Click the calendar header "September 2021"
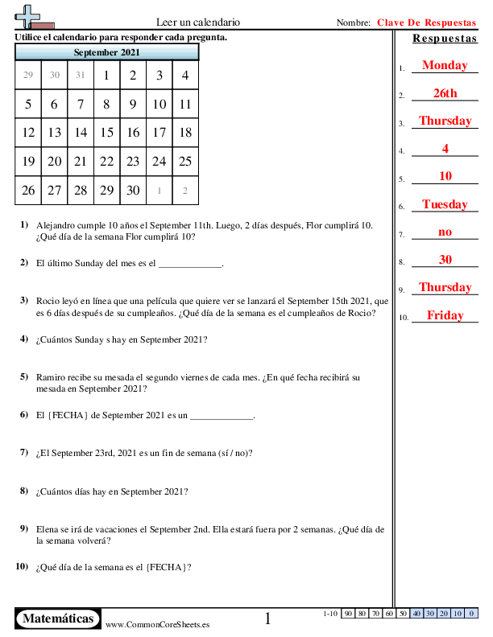pyautogui.click(x=106, y=52)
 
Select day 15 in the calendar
pyautogui.click(x=107, y=133)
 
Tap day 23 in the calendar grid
pyautogui.click(x=133, y=162)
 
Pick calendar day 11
pyautogui.click(x=185, y=104)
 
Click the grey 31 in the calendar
pyautogui.click(x=81, y=76)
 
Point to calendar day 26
pyautogui.click(x=28, y=191)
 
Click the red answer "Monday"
pyautogui.click(x=444, y=65)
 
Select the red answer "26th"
pyautogui.click(x=445, y=93)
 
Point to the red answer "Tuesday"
pyautogui.click(x=445, y=204)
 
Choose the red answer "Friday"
pyautogui.click(x=445, y=315)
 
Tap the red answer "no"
pyautogui.click(x=445, y=232)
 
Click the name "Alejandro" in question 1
pyautogui.click(x=56, y=226)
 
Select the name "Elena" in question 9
pyautogui.click(x=48, y=530)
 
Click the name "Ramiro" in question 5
pyautogui.click(x=51, y=376)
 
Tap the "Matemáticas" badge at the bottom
pyautogui.click(x=58, y=619)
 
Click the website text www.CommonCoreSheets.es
pyautogui.click(x=158, y=624)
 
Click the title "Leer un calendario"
pyautogui.click(x=197, y=23)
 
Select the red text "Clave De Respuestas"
pyautogui.click(x=426, y=23)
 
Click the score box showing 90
pyautogui.click(x=349, y=614)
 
